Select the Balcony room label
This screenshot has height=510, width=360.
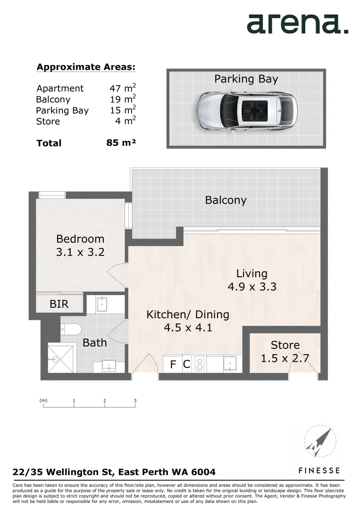click(226, 200)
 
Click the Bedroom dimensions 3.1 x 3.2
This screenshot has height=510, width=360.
click(80, 252)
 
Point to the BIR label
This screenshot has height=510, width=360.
click(59, 304)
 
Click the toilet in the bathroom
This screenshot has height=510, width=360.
click(71, 329)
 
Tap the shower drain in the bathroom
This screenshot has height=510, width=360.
click(55, 359)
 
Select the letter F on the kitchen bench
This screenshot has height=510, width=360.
click(173, 364)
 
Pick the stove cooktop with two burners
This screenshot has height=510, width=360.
click(200, 364)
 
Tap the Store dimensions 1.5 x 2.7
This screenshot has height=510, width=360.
click(285, 358)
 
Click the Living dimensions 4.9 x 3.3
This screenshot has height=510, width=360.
click(252, 287)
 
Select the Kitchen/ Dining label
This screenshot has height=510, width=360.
click(187, 314)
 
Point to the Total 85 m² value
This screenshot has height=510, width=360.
click(121, 142)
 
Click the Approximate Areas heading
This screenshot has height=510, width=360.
click(86, 67)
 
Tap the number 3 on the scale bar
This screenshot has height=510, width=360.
click(135, 401)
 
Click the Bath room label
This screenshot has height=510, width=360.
click(94, 343)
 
